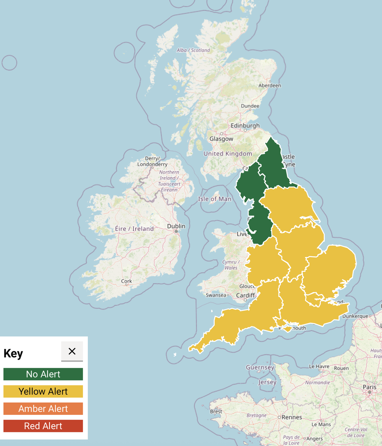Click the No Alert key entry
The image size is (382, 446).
point(43,374)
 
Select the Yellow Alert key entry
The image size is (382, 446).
point(43,391)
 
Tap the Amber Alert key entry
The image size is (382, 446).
point(43,409)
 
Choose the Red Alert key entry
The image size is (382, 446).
point(43,426)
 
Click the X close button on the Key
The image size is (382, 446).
point(72,351)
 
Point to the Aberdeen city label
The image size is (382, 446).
point(269,85)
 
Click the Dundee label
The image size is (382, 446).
point(250,106)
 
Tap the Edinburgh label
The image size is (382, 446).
point(245,125)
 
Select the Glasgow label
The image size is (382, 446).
point(221,139)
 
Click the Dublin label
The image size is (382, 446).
point(176,226)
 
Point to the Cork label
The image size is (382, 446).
point(126,281)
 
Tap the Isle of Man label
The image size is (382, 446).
point(214,199)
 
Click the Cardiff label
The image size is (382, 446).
point(245,295)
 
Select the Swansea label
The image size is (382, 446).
point(216,295)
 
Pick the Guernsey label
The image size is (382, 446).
point(260,367)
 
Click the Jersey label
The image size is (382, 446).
point(267,382)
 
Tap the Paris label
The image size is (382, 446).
point(369,387)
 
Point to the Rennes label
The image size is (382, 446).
point(292,417)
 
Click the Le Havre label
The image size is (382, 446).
point(319,366)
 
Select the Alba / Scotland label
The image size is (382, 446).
point(193,50)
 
